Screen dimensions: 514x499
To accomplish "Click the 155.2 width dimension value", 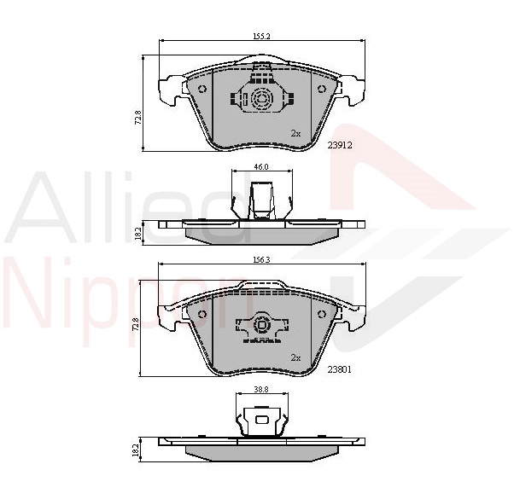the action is pyautogui.click(x=261, y=37).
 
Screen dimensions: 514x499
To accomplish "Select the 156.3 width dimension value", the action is pyautogui.click(x=261, y=259).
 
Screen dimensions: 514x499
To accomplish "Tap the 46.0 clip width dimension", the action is pyautogui.click(x=261, y=166).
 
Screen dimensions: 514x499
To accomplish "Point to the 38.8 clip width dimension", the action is pyautogui.click(x=261, y=390).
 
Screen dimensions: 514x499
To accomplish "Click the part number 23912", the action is pyautogui.click(x=340, y=145).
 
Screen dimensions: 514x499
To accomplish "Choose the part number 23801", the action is pyautogui.click(x=340, y=369).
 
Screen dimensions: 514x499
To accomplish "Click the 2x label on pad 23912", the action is pyautogui.click(x=295, y=134).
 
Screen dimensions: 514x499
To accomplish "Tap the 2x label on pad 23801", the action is pyautogui.click(x=295, y=358).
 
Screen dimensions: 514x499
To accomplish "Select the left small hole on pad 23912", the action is pyautogui.click(x=202, y=89).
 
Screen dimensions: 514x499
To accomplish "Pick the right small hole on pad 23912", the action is pyautogui.click(x=322, y=89).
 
